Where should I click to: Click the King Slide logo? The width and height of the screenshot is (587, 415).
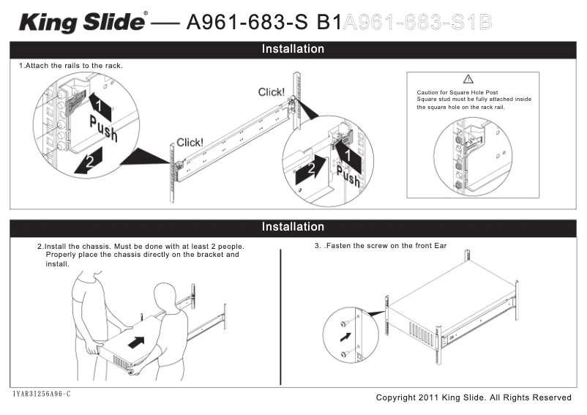coord(83,22)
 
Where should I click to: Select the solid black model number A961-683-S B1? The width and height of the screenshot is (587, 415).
coord(264,22)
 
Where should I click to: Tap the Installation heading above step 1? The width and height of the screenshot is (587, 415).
coord(293,49)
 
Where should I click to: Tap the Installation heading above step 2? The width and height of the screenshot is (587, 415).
coord(293,227)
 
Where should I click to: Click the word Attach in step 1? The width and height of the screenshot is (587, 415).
coord(40,66)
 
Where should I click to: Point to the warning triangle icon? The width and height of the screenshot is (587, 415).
coord(468,79)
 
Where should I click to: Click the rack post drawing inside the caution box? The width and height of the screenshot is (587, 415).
coord(468,154)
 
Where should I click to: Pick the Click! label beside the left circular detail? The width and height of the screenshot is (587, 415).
coord(190,143)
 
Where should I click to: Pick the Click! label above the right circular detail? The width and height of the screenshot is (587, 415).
coord(272,92)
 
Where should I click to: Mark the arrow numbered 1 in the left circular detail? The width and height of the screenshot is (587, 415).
coord(100,106)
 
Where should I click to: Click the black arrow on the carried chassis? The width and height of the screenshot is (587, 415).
coord(135,342)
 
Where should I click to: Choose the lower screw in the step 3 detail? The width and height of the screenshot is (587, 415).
coord(343,354)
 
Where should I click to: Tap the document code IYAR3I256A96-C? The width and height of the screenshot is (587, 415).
coord(42,395)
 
